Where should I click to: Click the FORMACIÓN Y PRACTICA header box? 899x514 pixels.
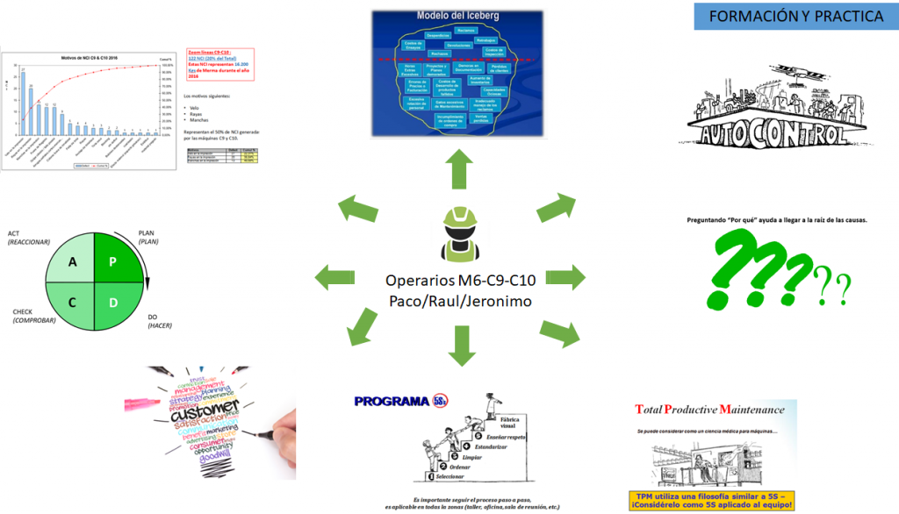(x=796, y=17)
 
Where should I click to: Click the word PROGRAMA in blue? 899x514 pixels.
(x=392, y=402)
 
